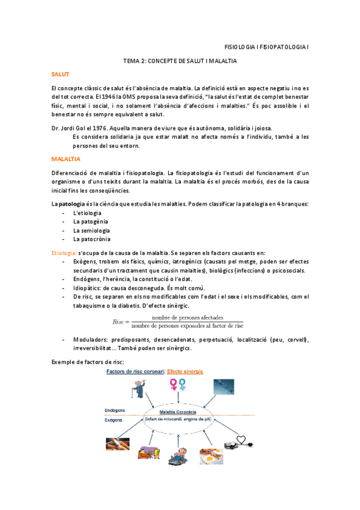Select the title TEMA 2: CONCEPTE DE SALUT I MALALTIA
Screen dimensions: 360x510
pyautogui.click(x=180, y=61)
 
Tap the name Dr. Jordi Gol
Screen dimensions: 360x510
pyautogui.click(x=71, y=128)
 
